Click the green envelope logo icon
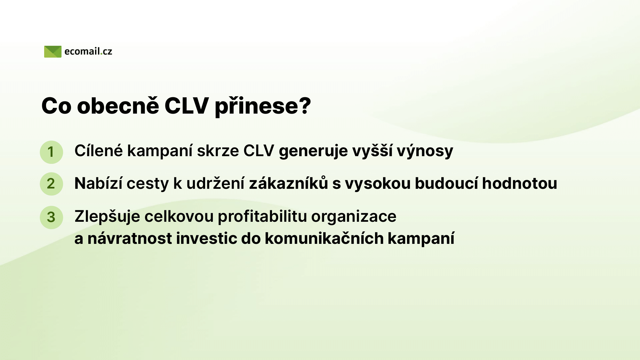pos(53,52)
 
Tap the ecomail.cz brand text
pos(88,52)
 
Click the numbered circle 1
pos(51,152)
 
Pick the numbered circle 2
pos(51,184)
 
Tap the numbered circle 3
pos(51,217)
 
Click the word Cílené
pos(99,150)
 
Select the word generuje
pos(313,151)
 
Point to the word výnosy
pos(425,151)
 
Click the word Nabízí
pos(98,183)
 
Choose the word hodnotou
pos(520,183)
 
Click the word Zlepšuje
pos(107,217)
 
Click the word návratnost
pos(130,238)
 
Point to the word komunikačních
pos(324,238)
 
